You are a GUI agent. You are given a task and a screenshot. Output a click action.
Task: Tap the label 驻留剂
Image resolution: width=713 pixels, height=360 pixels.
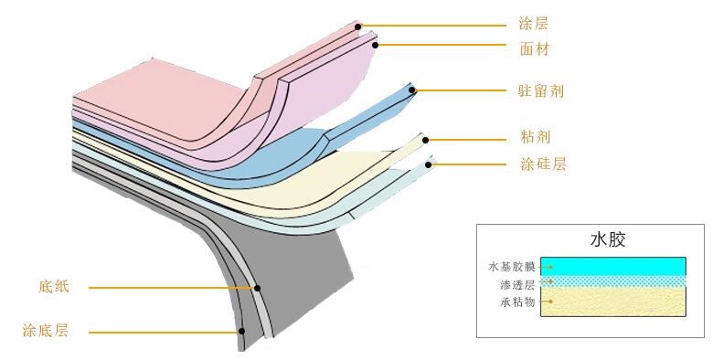(539, 91)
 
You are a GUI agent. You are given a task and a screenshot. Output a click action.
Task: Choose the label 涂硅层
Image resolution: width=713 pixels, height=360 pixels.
(539, 164)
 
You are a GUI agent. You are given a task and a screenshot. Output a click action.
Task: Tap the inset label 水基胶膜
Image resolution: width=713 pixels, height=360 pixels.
(513, 268)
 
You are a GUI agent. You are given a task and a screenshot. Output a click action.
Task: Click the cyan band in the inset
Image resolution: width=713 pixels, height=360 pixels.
(613, 267)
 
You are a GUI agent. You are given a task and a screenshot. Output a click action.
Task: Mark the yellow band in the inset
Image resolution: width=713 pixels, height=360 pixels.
(613, 302)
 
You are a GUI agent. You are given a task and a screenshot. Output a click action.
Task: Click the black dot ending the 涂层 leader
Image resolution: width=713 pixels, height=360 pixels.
(360, 25)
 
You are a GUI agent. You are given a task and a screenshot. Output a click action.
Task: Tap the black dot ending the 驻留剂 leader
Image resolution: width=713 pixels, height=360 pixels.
(413, 90)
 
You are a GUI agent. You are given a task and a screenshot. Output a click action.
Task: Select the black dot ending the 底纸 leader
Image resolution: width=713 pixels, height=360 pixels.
(258, 288)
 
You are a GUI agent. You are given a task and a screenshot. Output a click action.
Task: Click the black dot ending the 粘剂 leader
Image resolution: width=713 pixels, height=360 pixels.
(425, 140)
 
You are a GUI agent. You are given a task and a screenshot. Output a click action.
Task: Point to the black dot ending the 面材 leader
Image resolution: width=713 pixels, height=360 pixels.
(375, 43)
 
